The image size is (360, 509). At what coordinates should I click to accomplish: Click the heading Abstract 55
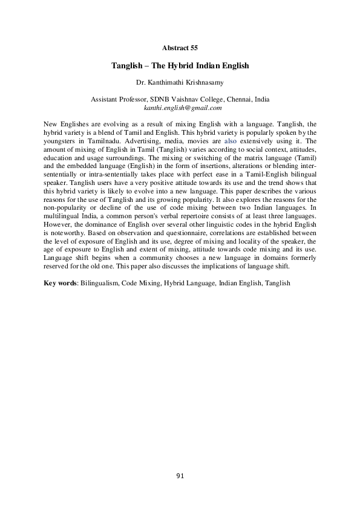[180, 47]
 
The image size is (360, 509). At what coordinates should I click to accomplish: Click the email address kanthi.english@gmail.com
[180, 107]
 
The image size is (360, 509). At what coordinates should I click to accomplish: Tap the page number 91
[180, 476]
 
